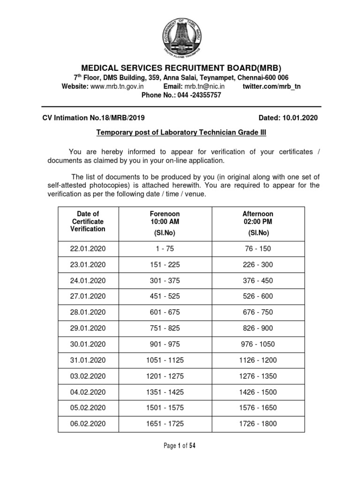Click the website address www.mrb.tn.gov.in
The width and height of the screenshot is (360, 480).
click(x=117, y=86)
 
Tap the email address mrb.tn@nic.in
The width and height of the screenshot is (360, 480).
click(x=204, y=86)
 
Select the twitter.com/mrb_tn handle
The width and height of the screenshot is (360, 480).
click(x=272, y=86)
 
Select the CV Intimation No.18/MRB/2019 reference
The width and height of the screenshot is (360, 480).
click(x=97, y=118)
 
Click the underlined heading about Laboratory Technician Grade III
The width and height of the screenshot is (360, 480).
click(x=181, y=133)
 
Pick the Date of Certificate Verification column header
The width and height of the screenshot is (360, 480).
click(x=88, y=221)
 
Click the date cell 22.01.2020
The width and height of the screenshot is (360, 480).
click(x=88, y=248)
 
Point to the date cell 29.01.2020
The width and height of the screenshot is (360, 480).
click(x=88, y=328)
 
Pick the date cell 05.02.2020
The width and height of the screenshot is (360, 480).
click(x=88, y=408)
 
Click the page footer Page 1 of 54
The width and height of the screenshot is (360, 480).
click(x=180, y=446)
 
